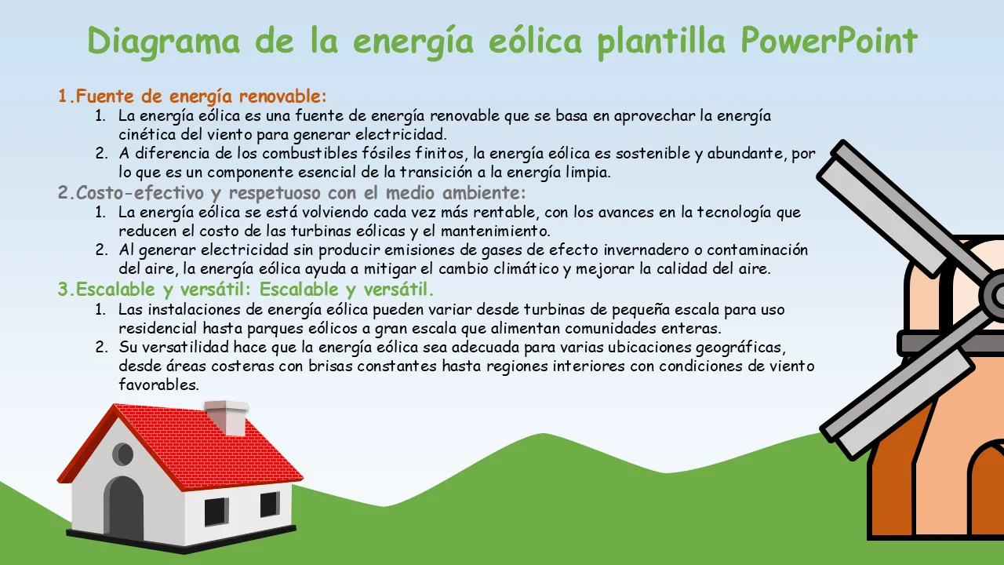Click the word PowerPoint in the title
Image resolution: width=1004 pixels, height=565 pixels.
point(829,41)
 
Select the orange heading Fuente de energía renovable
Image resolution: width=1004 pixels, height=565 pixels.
point(192,97)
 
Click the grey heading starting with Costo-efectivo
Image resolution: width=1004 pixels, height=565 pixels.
point(292,193)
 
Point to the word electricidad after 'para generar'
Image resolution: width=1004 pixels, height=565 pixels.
point(401,134)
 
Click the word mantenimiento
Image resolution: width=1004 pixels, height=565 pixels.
point(495,231)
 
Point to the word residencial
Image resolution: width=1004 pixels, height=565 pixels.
point(158,328)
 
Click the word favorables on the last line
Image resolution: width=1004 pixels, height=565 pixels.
point(158,385)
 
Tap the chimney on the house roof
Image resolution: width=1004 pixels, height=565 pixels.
point(227,417)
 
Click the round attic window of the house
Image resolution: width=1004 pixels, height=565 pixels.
point(123,454)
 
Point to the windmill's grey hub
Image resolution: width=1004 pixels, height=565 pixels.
point(993,295)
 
